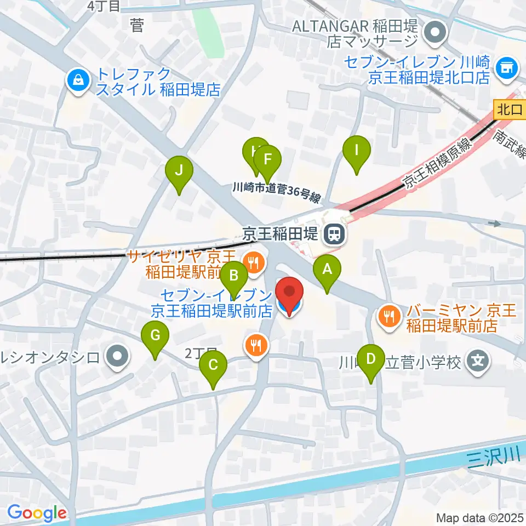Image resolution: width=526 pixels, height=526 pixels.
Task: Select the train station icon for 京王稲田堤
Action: click(x=333, y=235)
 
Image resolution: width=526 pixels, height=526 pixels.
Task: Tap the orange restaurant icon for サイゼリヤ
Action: click(x=253, y=261)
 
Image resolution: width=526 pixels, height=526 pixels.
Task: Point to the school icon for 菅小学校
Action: click(x=478, y=361)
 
